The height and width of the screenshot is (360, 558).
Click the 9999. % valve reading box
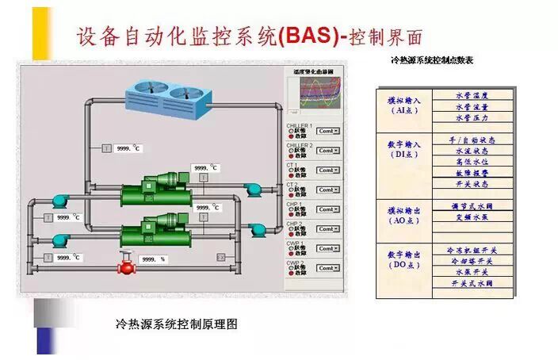point(152,259)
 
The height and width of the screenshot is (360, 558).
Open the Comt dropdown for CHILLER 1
point(328,131)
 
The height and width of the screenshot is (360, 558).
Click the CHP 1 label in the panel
point(295,204)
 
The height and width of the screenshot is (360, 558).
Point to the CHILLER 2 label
point(300,146)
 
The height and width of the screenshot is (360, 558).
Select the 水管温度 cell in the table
point(472,94)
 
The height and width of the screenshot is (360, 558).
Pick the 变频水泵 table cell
point(472,216)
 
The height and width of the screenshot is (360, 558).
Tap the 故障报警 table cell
point(472,172)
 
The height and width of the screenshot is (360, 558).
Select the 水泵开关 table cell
point(472,270)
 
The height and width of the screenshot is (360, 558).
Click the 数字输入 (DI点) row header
point(404,150)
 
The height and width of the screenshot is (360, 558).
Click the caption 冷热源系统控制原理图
point(176,324)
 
